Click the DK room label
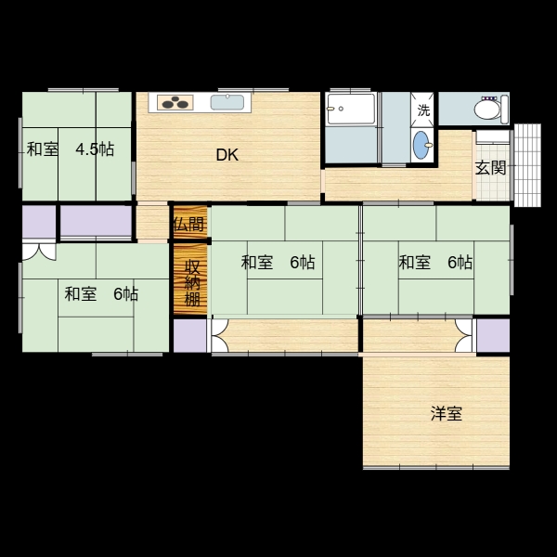[x=227, y=155]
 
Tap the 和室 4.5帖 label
[x=71, y=149]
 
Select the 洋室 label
[x=447, y=413]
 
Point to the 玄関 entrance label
[x=490, y=168]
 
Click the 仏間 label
[x=190, y=224]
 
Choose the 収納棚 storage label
[x=192, y=283]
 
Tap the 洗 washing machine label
[x=423, y=110]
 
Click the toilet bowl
[x=487, y=110]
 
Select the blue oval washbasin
[x=421, y=145]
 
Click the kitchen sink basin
[x=227, y=102]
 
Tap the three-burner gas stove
[x=175, y=102]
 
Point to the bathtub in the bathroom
[x=351, y=109]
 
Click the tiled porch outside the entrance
[x=527, y=165]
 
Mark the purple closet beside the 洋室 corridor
[x=493, y=335]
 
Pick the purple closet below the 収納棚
[x=190, y=335]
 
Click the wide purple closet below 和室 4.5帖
[x=96, y=221]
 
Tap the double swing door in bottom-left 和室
[x=39, y=252]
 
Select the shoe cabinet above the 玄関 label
[x=493, y=137]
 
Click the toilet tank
[x=504, y=110]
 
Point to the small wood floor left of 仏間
[x=152, y=222]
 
